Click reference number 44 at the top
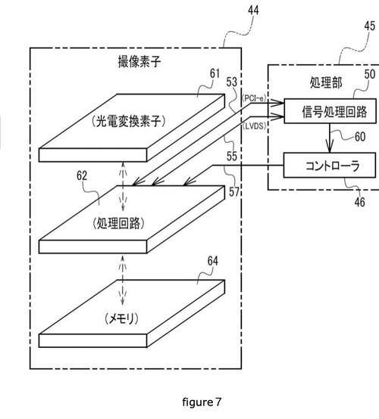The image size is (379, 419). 253,11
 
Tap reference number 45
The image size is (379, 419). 370,26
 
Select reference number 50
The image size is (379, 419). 370,74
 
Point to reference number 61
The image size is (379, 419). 215,73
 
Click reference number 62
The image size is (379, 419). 82,175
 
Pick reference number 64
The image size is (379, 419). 213,261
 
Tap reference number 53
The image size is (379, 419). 232,82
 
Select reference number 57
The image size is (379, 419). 234,191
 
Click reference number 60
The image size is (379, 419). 360,137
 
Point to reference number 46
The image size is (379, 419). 360,202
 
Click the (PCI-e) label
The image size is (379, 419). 254,98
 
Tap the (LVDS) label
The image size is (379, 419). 255,126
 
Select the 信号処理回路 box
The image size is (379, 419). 330,111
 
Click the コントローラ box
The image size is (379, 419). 330,165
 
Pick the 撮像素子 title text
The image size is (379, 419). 139,61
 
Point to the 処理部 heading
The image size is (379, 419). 326,82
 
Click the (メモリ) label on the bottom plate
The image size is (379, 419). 121,318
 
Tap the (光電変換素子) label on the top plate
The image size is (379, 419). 129,122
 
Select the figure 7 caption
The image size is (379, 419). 202,402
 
